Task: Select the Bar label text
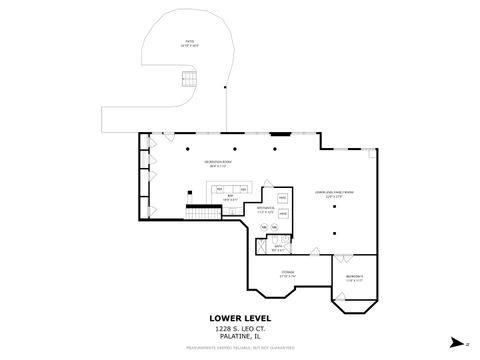[x=230, y=198]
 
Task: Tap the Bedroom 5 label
[x=354, y=279]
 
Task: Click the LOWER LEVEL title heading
[x=239, y=318]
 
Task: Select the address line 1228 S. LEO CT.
[x=239, y=329]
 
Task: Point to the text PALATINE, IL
[x=239, y=338]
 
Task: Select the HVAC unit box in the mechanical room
[x=283, y=199]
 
